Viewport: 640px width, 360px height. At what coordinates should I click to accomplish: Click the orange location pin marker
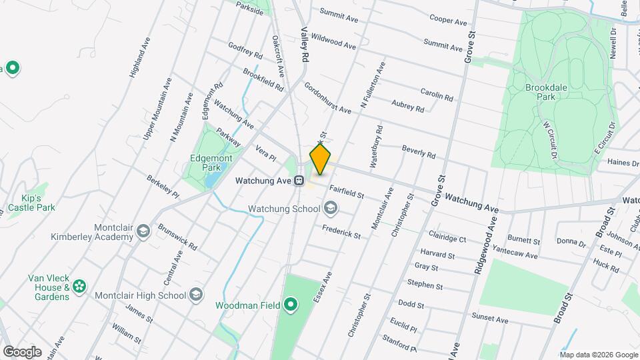point(321,159)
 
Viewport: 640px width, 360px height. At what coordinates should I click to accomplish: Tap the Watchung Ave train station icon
point(300,180)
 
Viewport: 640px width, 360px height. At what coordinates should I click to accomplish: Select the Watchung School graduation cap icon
point(331,209)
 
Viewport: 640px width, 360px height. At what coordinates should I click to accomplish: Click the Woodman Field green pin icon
point(291,305)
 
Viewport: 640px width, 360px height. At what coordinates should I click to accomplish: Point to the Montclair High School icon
point(196,295)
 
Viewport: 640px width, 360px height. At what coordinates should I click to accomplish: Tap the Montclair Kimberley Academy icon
point(142,232)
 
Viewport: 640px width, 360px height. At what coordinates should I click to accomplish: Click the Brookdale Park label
point(540,92)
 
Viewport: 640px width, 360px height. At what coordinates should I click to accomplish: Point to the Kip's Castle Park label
point(31,203)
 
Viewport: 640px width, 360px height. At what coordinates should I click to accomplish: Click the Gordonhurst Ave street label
point(327,98)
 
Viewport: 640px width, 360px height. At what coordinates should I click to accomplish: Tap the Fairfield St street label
point(346,191)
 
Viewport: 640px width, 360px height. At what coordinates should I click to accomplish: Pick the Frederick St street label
point(341,231)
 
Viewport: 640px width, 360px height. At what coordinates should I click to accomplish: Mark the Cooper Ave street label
point(448,19)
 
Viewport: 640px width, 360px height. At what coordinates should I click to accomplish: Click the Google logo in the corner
point(22,351)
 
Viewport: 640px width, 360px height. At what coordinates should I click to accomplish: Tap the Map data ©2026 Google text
point(589,354)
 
